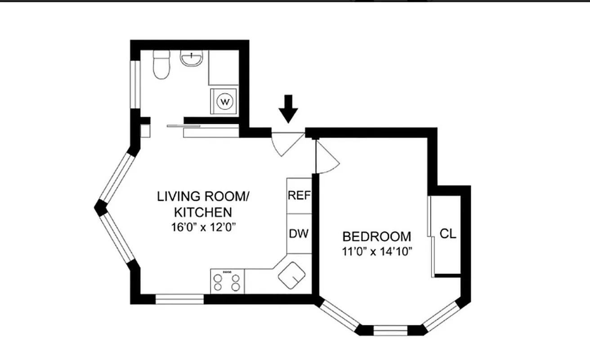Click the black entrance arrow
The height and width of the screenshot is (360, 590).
click(288, 108)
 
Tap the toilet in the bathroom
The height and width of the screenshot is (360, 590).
click(161, 65)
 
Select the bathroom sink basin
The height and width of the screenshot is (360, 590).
click(192, 58)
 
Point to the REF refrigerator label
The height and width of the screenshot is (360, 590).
click(299, 196)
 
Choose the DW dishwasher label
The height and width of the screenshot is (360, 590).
click(299, 234)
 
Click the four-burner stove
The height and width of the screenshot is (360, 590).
click(227, 281)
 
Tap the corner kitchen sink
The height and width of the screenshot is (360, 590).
click(292, 274)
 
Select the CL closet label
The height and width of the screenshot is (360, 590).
click(447, 234)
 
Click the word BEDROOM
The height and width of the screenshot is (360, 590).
click(376, 236)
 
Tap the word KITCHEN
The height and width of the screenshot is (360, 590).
click(203, 211)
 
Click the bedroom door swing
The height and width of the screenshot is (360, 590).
click(326, 157)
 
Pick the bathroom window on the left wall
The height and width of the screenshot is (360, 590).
click(134, 84)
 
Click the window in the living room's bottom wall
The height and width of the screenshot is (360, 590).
click(179, 299)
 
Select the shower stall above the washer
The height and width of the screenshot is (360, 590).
click(223, 67)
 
